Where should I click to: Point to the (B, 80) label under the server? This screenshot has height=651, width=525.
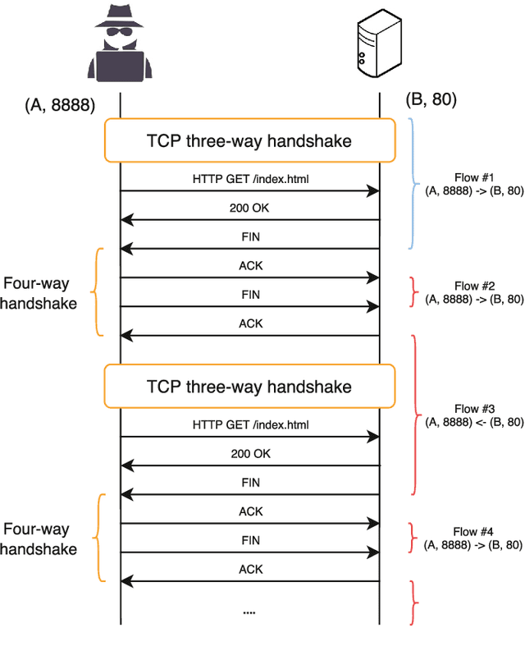pyautogui.click(x=431, y=100)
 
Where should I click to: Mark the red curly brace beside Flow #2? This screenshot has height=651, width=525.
pyautogui.click(x=413, y=291)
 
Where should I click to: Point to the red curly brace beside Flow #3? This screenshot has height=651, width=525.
pyautogui.click(x=415, y=415)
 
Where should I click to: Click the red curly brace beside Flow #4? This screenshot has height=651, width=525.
pyautogui.click(x=413, y=538)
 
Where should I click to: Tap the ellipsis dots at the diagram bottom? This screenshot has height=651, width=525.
pyautogui.click(x=250, y=611)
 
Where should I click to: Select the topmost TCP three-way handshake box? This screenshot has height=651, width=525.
pyautogui.click(x=249, y=141)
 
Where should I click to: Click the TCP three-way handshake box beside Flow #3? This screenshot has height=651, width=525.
pyautogui.click(x=249, y=386)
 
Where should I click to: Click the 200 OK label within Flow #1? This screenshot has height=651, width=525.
pyautogui.click(x=249, y=209)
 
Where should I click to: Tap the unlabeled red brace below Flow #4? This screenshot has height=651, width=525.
pyautogui.click(x=414, y=603)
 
